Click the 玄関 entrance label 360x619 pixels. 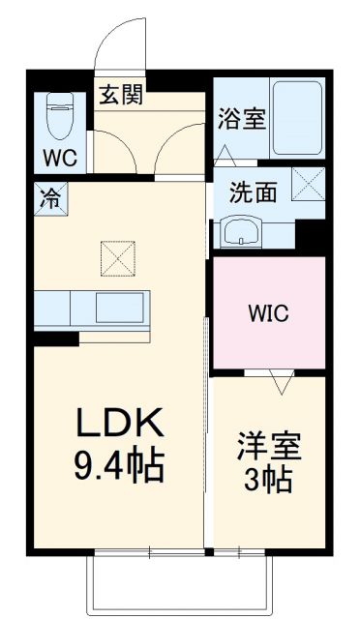click(x=120, y=95)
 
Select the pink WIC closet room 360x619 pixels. click(x=268, y=312)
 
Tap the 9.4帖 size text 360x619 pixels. click(x=121, y=467)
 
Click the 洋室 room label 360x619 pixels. click(x=270, y=447)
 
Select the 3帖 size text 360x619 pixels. click(x=269, y=482)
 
